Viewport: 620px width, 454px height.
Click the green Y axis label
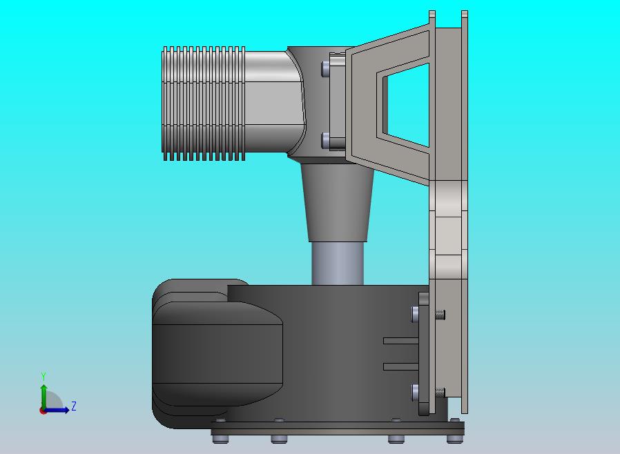click(x=43, y=376)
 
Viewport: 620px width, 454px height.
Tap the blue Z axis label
click(x=74, y=406)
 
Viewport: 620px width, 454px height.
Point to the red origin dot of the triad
click(x=43, y=411)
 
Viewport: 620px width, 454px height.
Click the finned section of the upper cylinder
click(x=204, y=103)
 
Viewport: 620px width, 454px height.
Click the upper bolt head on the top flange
click(x=325, y=68)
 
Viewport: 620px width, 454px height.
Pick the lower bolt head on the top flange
click(x=325, y=141)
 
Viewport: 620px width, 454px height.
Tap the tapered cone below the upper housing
click(x=338, y=202)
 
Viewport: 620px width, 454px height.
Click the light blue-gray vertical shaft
click(x=338, y=263)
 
